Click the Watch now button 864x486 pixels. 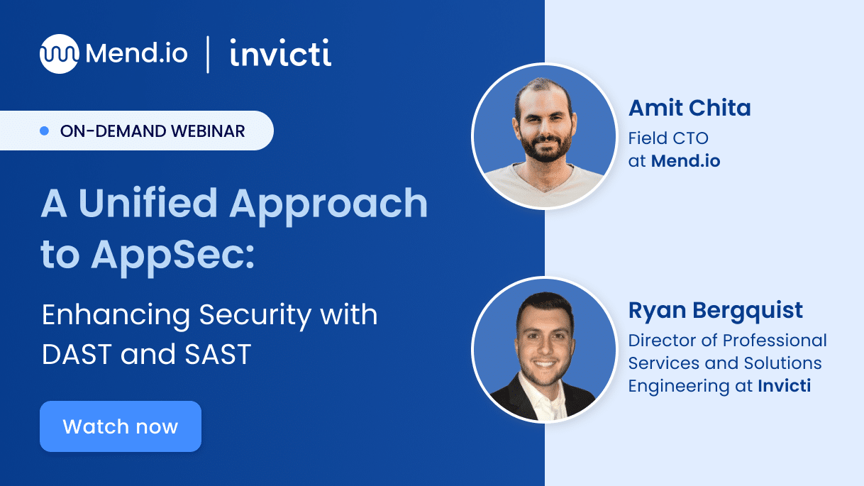121,426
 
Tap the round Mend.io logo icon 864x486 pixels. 59,54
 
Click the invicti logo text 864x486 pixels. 280,55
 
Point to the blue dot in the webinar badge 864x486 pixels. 45,131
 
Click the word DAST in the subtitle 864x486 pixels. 77,354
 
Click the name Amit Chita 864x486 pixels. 689,109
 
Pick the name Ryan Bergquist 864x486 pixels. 716,311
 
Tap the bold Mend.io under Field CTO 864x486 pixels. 685,161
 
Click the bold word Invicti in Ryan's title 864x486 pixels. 784,386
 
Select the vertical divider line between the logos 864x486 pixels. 208,55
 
